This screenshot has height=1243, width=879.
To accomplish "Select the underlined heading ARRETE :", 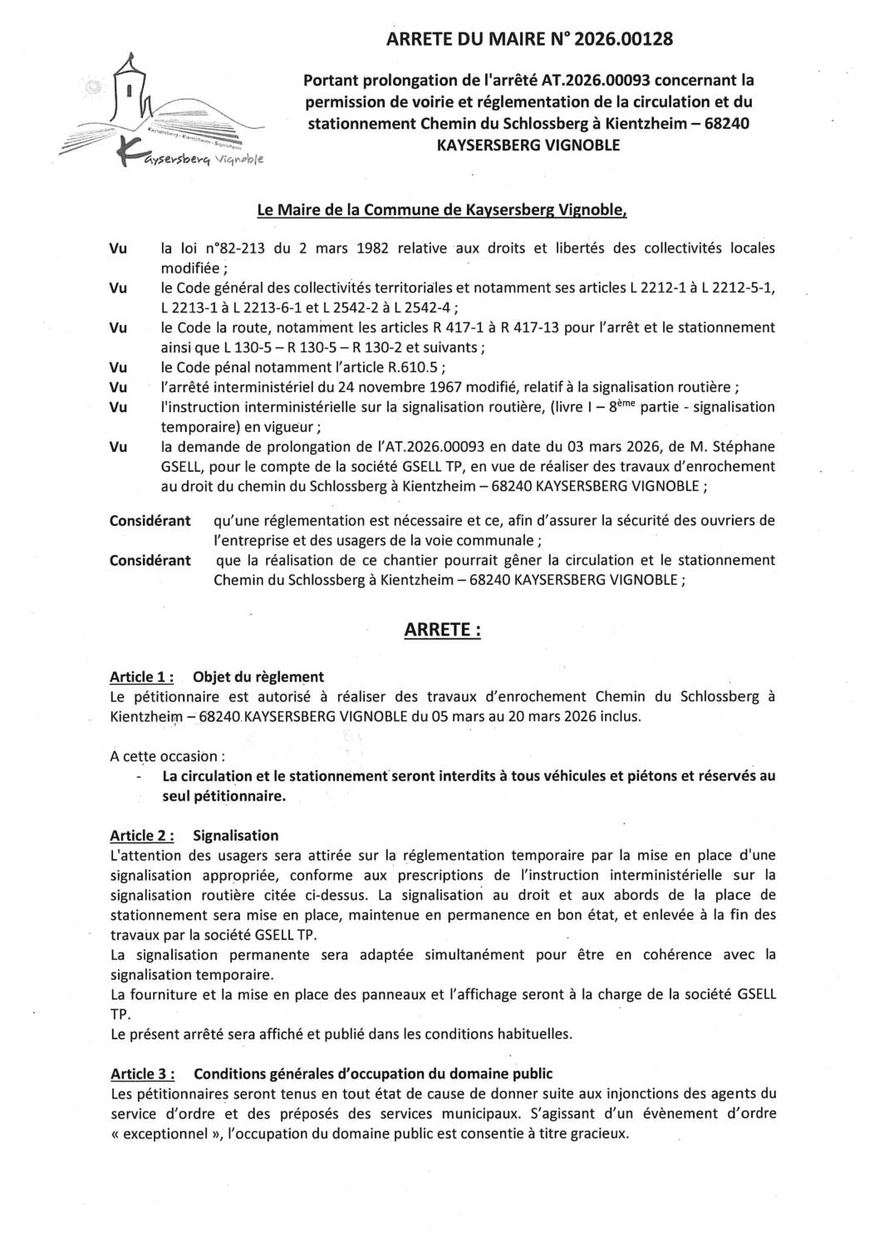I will pos(442,631).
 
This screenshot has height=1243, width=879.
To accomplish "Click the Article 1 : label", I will pos(141,676).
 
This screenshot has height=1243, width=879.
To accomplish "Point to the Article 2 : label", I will pos(141,835).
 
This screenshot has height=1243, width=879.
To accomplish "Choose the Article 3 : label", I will pos(141,1073).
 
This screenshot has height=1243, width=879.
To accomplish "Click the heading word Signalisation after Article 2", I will pos(235,835).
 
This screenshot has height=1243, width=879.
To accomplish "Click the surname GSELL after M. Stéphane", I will pos(181,466).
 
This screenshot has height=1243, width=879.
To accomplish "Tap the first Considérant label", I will pos(150,520).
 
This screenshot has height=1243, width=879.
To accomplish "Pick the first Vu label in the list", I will pos(119,248).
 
